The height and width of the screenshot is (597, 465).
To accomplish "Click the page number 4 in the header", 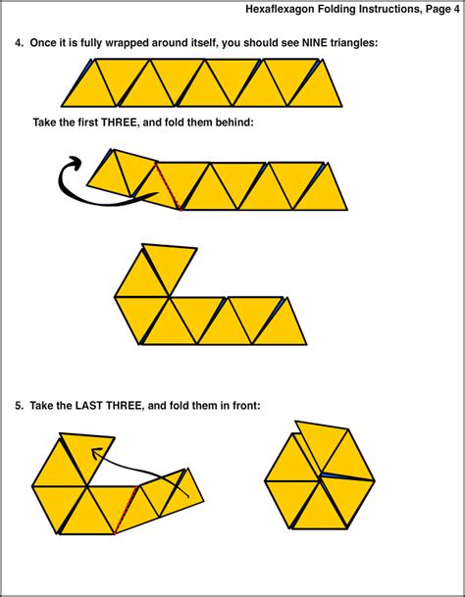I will [455, 10].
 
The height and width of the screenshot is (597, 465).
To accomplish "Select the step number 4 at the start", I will [18, 43].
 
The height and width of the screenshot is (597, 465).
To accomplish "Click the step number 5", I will [18, 404].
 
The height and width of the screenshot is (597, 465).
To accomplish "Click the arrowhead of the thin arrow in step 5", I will [94, 452].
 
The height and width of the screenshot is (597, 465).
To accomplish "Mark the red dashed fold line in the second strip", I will [168, 185].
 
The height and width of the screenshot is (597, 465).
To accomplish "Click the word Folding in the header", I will [344, 10].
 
